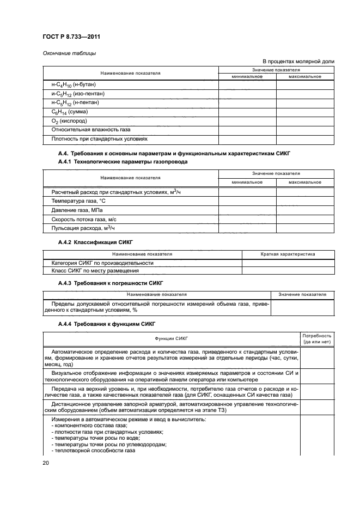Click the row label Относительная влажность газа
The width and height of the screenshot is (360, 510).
[90, 130]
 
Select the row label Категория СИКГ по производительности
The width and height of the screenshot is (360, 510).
[102, 263]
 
